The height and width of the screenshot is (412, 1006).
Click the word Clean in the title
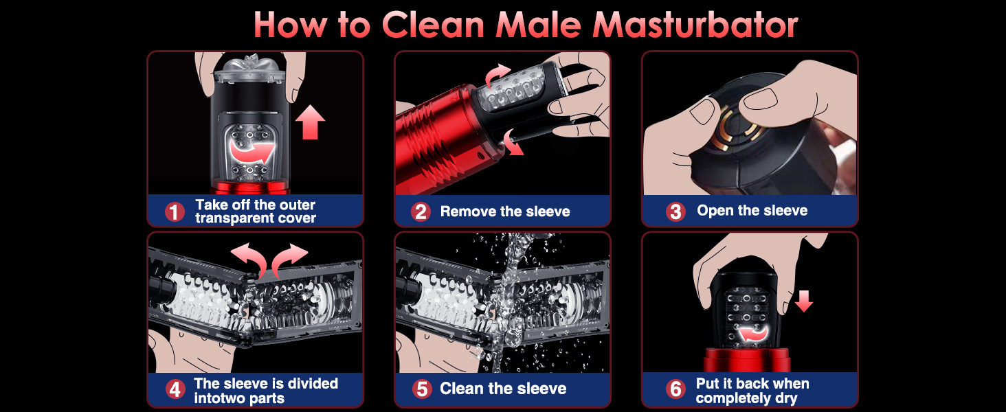433,25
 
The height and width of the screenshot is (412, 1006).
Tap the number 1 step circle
175,211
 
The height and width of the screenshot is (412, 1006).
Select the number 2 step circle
421,211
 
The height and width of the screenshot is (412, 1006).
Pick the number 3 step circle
675,211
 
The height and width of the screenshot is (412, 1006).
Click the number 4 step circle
175,389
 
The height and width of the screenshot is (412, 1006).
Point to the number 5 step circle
422,389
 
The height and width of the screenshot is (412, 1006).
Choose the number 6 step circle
675,389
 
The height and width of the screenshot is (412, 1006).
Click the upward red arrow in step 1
310,122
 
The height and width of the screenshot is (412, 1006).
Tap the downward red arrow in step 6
804,301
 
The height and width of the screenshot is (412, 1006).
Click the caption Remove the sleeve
505,211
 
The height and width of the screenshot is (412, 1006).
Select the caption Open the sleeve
752,211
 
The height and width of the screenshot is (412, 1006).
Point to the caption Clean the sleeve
503,389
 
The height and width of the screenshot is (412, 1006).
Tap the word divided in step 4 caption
313,383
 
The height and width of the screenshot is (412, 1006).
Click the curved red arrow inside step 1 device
252,151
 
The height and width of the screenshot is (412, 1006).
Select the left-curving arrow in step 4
248,259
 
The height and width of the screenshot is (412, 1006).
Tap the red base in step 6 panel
746,360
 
